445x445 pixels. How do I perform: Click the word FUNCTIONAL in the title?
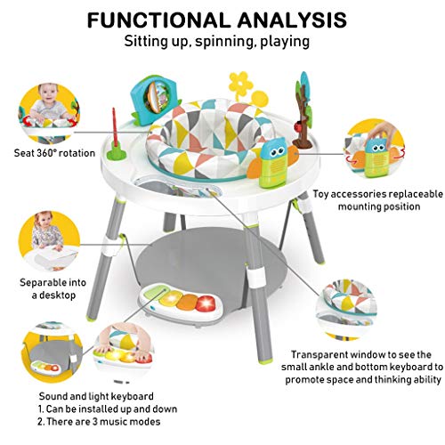point(159,20)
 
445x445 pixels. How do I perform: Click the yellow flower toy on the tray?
point(242,84)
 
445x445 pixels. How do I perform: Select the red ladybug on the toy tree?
point(297,127)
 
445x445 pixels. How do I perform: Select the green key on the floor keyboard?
point(155,292)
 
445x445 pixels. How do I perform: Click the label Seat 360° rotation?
point(54,153)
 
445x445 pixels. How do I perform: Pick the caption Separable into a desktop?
point(53,288)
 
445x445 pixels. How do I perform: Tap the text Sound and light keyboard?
point(96,396)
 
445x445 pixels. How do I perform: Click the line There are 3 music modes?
point(99,422)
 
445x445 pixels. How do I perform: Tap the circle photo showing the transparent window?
point(346,310)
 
